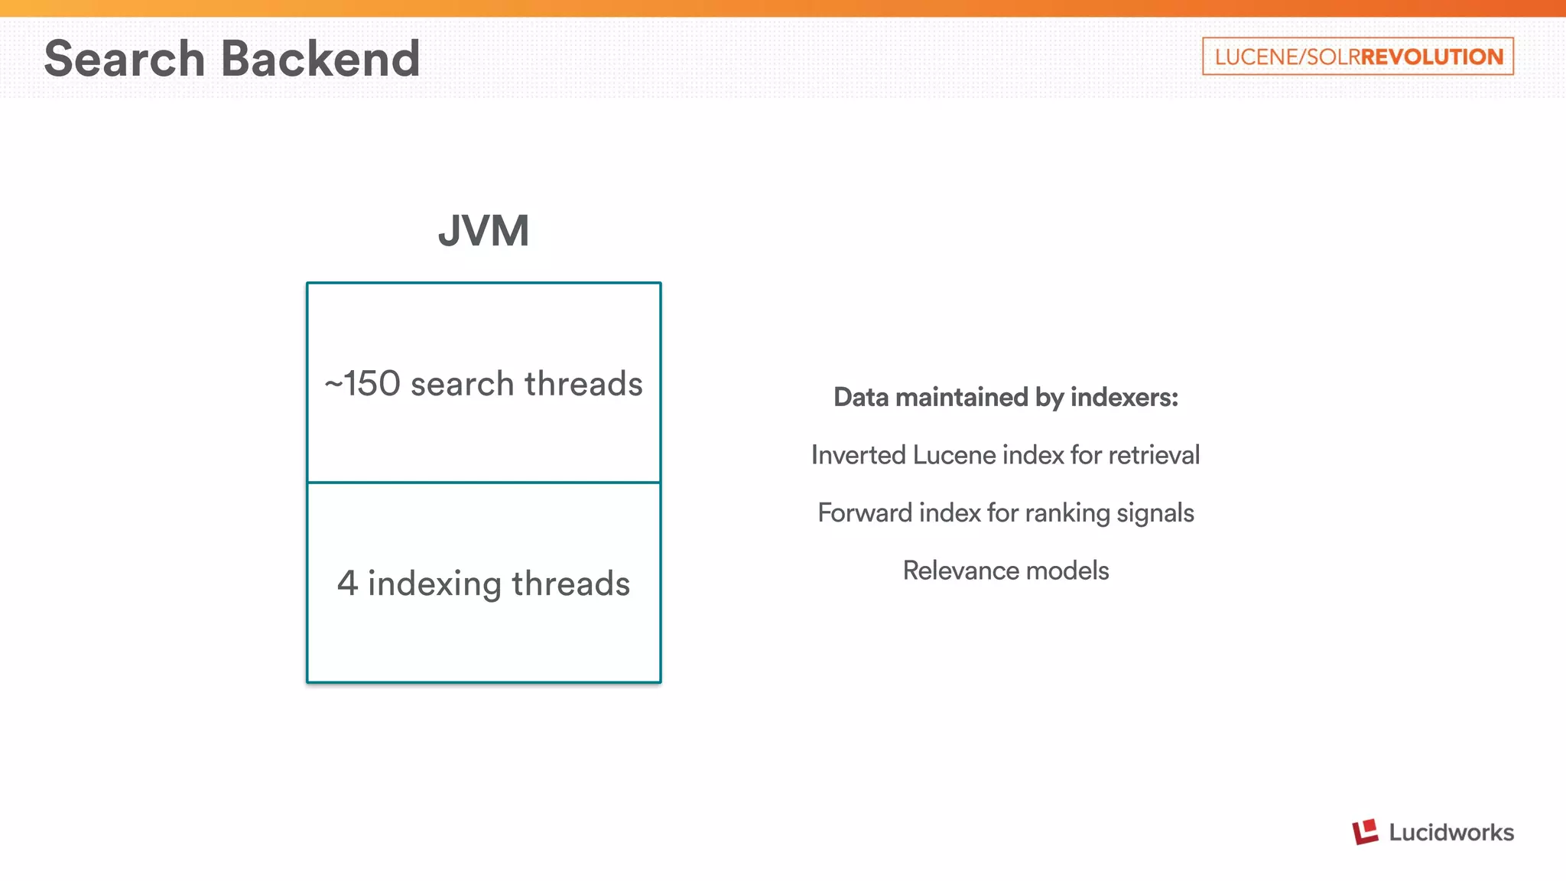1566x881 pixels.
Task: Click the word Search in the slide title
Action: pyautogui.click(x=125, y=59)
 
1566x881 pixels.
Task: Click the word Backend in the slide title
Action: pyautogui.click(x=320, y=59)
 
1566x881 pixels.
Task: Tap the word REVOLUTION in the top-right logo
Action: pyautogui.click(x=1431, y=57)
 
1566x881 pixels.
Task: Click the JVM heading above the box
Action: pyautogui.click(x=483, y=230)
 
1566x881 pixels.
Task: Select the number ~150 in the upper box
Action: pyautogui.click(x=362, y=384)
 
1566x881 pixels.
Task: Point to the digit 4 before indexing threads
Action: pyautogui.click(x=347, y=584)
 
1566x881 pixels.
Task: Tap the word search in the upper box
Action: pyautogui.click(x=462, y=384)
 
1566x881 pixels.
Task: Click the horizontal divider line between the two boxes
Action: pyautogui.click(x=483, y=483)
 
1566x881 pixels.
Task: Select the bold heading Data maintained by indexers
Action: pyautogui.click(x=1006, y=397)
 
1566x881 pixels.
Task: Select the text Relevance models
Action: pyautogui.click(x=1006, y=571)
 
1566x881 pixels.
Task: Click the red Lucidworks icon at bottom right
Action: pyautogui.click(x=1365, y=832)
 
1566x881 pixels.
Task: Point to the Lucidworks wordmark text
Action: pyautogui.click(x=1451, y=832)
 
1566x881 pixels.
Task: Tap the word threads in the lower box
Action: pyautogui.click(x=570, y=584)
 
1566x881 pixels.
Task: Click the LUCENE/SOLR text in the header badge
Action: pyautogui.click(x=1287, y=57)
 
